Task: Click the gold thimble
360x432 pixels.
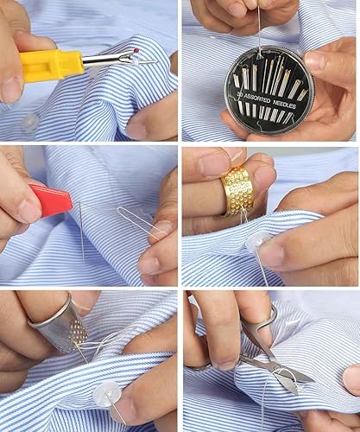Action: [237, 191]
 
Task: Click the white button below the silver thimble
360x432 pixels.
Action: [105, 395]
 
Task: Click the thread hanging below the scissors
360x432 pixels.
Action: [263, 406]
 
